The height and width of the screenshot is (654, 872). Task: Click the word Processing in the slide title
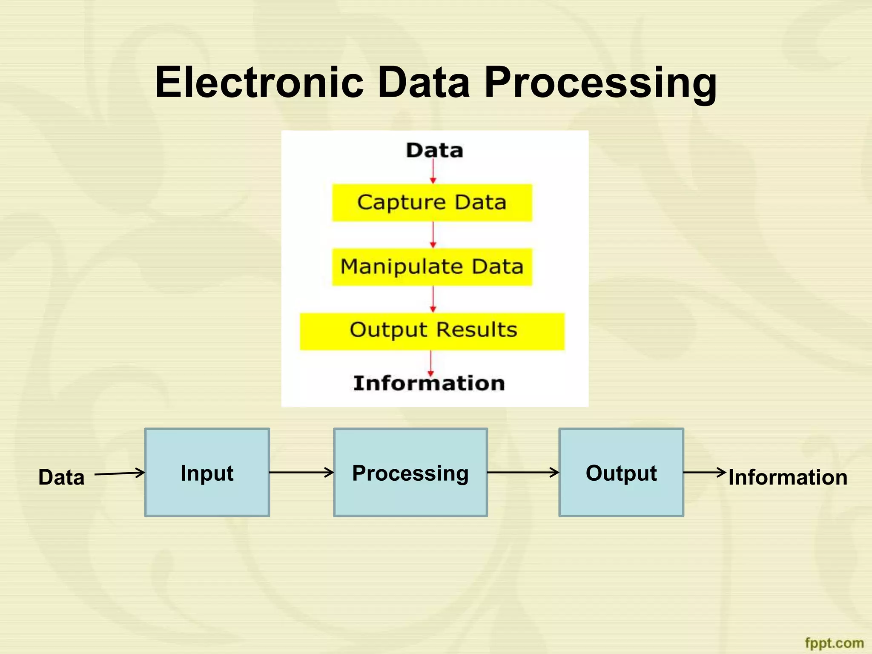click(600, 83)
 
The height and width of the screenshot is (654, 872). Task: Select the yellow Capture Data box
click(432, 203)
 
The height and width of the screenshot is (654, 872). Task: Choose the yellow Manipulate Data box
click(432, 267)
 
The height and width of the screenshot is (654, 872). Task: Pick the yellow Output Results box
click(432, 331)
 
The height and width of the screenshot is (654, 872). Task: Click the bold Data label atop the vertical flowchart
click(434, 150)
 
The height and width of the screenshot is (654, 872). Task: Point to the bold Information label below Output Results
click(429, 383)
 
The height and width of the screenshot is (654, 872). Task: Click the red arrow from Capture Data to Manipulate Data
click(433, 235)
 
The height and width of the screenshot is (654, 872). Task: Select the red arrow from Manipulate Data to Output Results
click(433, 299)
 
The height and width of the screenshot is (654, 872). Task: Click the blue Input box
click(207, 473)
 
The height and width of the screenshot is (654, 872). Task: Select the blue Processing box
click(410, 473)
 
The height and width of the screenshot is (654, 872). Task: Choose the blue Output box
click(621, 473)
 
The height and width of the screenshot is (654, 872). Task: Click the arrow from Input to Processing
click(301, 472)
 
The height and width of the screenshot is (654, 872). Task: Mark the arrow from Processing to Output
click(523, 472)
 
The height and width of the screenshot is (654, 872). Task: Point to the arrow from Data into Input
click(120, 473)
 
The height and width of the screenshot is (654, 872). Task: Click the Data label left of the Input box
click(61, 477)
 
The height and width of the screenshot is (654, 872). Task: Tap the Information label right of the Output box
click(788, 477)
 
